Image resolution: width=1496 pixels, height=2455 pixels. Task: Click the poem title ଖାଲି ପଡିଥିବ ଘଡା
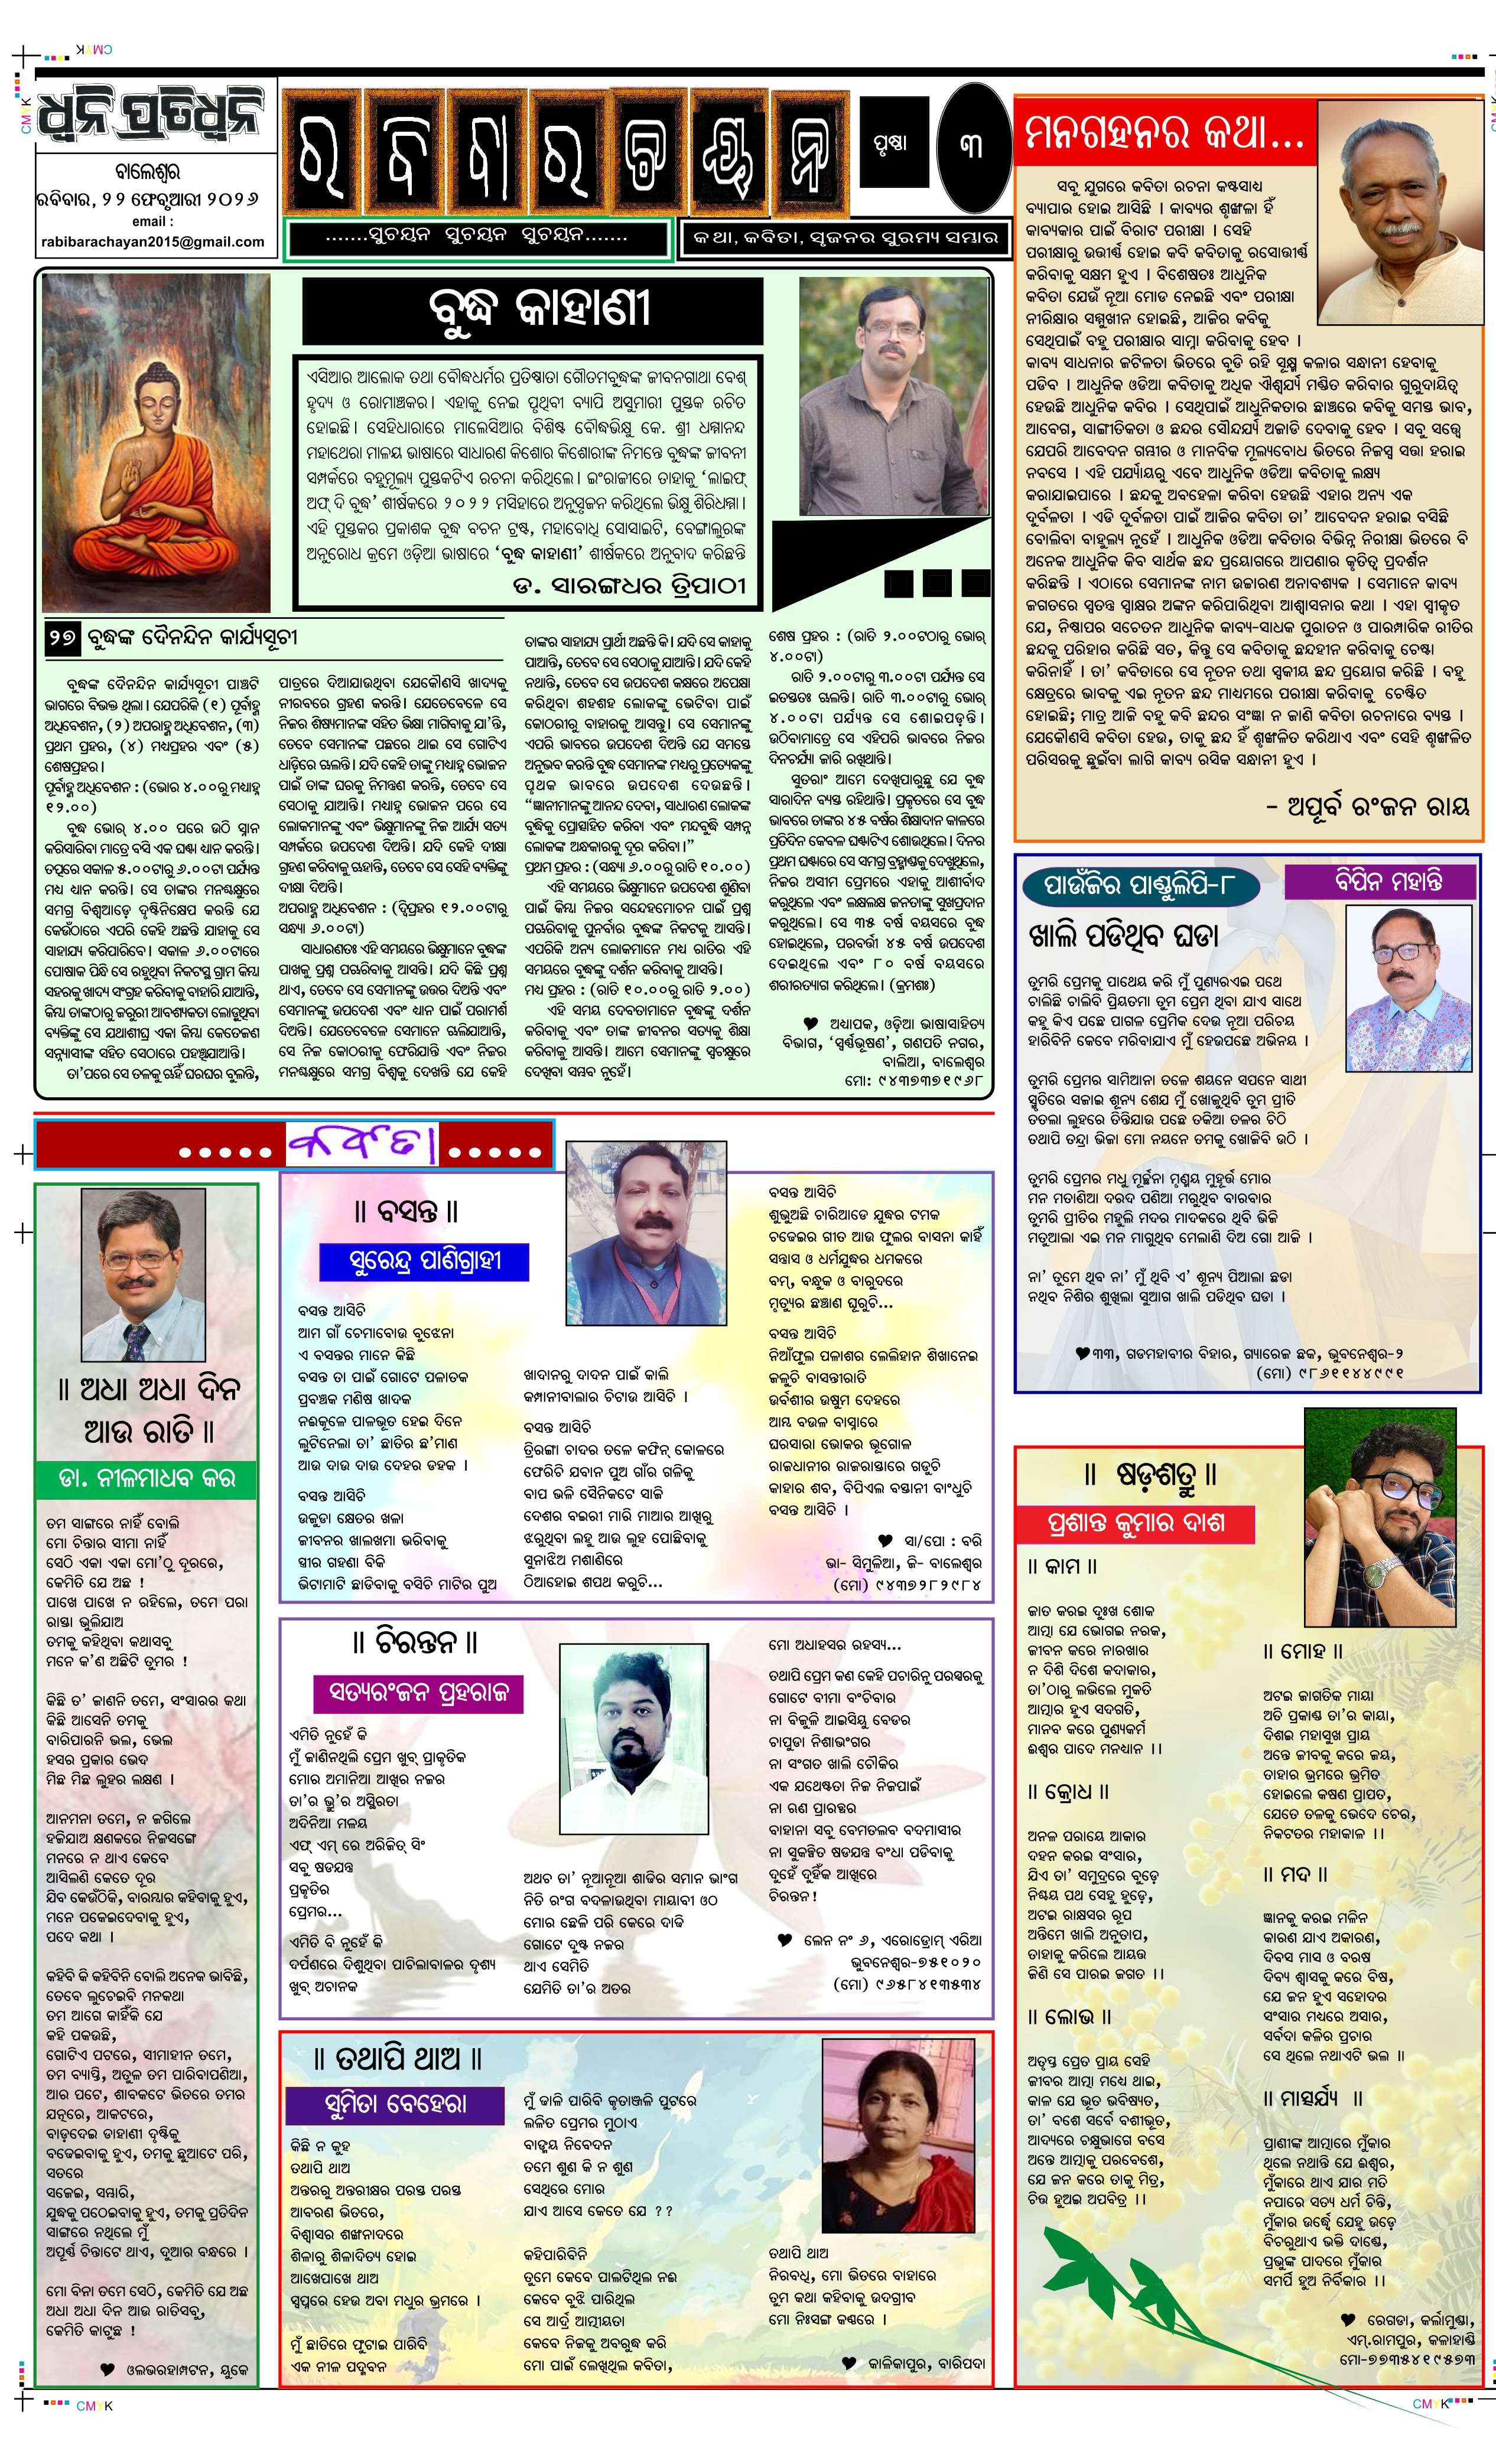coord(1123,935)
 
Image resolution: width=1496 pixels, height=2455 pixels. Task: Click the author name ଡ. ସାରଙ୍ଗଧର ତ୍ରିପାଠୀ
coord(629,586)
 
